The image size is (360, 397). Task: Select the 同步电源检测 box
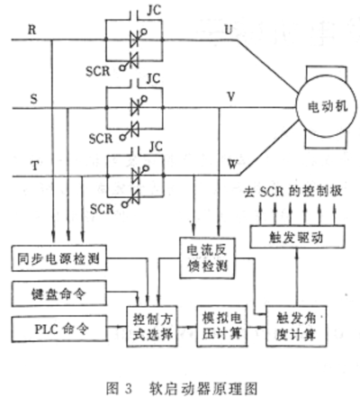point(59,258)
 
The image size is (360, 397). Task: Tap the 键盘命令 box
point(59,293)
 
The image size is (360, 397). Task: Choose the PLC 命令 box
point(59,329)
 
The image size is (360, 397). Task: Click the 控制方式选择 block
point(152,326)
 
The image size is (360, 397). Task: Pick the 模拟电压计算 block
point(222,326)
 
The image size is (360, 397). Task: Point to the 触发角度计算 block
point(296,326)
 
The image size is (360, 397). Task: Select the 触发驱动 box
point(297,237)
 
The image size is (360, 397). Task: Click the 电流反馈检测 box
point(207,258)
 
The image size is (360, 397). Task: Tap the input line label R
point(32,30)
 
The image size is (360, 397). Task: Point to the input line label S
point(34,98)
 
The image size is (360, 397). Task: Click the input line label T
point(35,166)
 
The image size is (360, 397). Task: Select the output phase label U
point(229,30)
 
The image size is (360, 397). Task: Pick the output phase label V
point(230,96)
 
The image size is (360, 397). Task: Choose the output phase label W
point(233,164)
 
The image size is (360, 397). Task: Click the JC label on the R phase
point(154,10)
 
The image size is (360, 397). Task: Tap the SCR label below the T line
point(102,209)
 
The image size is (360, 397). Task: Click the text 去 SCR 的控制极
point(292,191)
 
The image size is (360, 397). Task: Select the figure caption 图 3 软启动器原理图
point(182,388)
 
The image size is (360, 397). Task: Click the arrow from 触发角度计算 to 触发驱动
point(297,277)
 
